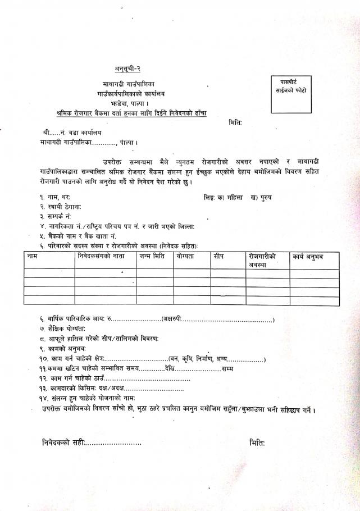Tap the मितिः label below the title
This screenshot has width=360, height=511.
(235, 122)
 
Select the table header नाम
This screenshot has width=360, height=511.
(34, 256)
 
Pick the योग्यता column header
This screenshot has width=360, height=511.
(184, 256)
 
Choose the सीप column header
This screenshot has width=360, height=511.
(219, 256)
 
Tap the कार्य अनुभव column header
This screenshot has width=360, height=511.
(308, 256)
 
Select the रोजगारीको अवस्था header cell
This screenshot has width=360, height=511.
(262, 260)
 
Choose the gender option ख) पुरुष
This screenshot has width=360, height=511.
(258, 198)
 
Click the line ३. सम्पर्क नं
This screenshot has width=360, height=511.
(56, 216)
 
